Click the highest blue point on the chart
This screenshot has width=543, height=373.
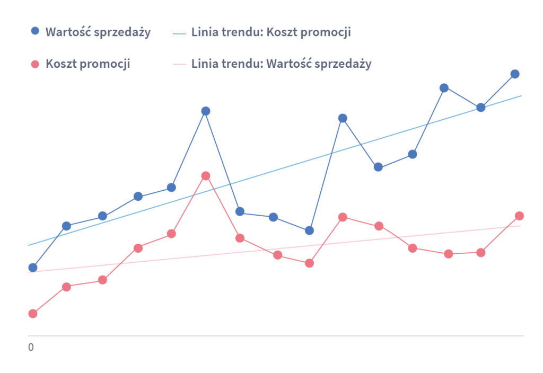click(x=514, y=74)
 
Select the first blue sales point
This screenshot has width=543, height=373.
click(x=33, y=267)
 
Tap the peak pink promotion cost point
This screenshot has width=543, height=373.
click(x=206, y=176)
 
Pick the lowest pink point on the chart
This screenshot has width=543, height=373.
click(x=33, y=313)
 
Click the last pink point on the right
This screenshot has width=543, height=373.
click(x=520, y=216)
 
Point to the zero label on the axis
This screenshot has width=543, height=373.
click(x=31, y=348)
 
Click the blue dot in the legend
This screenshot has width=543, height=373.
click(x=36, y=31)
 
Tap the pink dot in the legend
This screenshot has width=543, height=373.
click(x=36, y=64)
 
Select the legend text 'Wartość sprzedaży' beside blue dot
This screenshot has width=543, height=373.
click(x=98, y=32)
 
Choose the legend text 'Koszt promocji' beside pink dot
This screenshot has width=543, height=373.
click(x=88, y=64)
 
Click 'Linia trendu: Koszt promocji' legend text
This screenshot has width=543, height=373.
click(x=270, y=32)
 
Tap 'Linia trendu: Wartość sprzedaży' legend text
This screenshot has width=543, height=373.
click(x=281, y=64)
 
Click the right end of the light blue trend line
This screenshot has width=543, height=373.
click(x=521, y=96)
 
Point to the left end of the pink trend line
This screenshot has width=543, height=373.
click(x=29, y=272)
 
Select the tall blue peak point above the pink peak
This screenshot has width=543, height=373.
click(x=206, y=111)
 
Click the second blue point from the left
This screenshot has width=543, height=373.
click(x=66, y=226)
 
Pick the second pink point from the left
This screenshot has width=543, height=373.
click(x=66, y=287)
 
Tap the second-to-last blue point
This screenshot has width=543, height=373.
click(x=481, y=108)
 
